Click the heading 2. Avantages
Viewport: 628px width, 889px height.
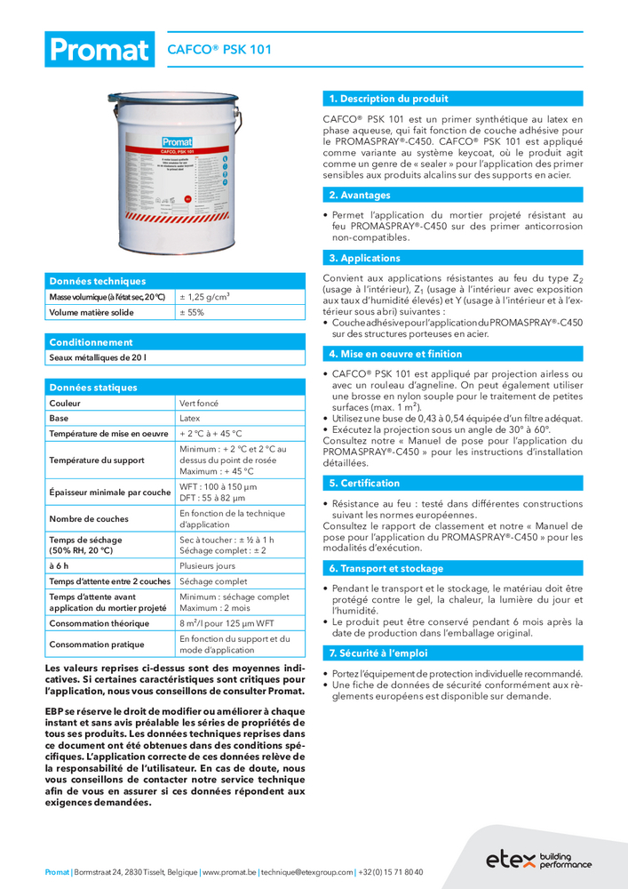tap(360, 195)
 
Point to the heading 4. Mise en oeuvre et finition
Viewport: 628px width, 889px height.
tap(395, 354)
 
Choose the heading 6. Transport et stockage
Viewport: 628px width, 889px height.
tap(386, 568)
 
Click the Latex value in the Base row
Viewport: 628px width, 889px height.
tap(190, 418)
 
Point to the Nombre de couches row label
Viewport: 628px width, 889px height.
tap(89, 518)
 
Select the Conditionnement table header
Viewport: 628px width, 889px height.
tap(91, 341)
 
